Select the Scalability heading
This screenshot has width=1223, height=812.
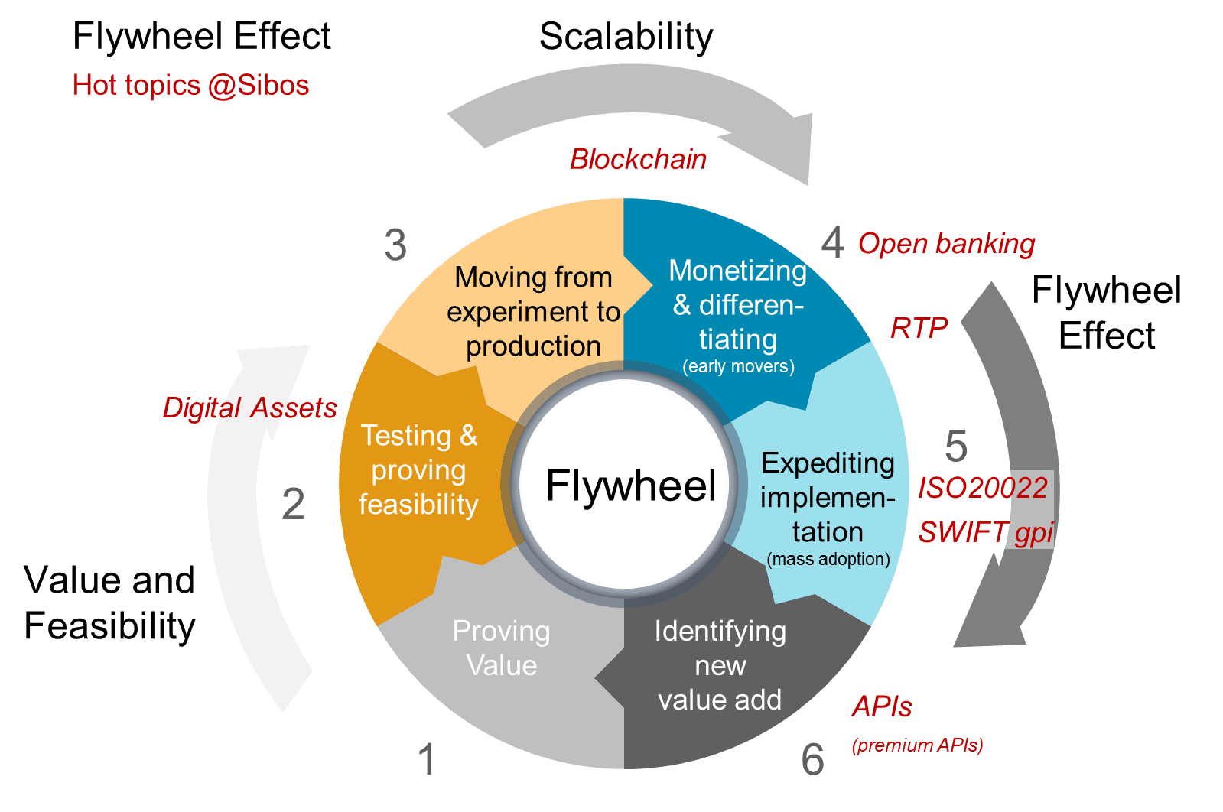pyautogui.click(x=626, y=37)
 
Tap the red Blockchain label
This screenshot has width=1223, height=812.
pyautogui.click(x=638, y=159)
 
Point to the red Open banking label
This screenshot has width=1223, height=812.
pyautogui.click(x=946, y=243)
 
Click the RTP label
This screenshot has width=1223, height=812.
pyautogui.click(x=919, y=327)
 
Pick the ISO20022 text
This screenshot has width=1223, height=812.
pyautogui.click(x=983, y=488)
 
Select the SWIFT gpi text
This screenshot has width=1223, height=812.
pyautogui.click(x=986, y=531)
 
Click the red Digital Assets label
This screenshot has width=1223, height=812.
pyautogui.click(x=250, y=408)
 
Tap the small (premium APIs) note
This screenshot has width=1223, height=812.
pyautogui.click(x=917, y=745)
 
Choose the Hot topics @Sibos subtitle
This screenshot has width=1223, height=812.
pyautogui.click(x=190, y=85)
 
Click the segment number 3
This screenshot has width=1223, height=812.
pyautogui.click(x=395, y=245)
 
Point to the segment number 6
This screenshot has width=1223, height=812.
pyautogui.click(x=813, y=759)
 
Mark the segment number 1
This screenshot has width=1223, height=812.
pyautogui.click(x=426, y=759)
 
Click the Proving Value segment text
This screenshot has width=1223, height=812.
pyautogui.click(x=501, y=648)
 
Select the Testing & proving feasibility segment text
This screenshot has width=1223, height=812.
pyautogui.click(x=419, y=469)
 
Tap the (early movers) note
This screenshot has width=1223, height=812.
pyautogui.click(x=738, y=366)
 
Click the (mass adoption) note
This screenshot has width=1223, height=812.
pyautogui.click(x=828, y=559)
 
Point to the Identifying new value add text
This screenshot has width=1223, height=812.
pyautogui.click(x=720, y=665)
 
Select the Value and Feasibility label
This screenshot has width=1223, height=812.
pyautogui.click(x=109, y=603)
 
